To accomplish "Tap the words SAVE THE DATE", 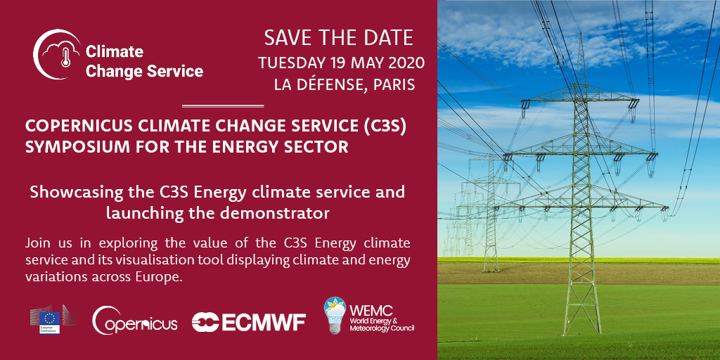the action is click(x=339, y=38).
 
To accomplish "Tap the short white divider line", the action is click(x=223, y=106).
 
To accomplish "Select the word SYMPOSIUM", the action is click(x=72, y=148).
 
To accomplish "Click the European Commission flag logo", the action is click(x=50, y=320).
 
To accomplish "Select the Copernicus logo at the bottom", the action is click(x=134, y=320).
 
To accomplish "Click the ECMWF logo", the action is click(x=248, y=322).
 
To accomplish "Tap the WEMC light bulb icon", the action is click(x=334, y=315).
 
